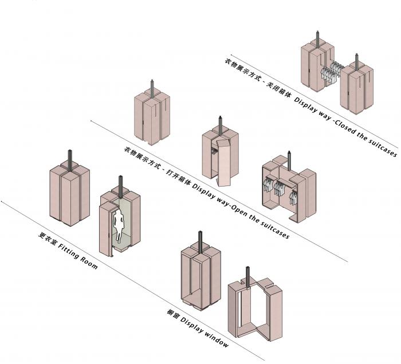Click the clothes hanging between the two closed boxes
pyautogui.click(x=331, y=72)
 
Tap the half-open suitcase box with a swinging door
pyautogui.click(x=219, y=155)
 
